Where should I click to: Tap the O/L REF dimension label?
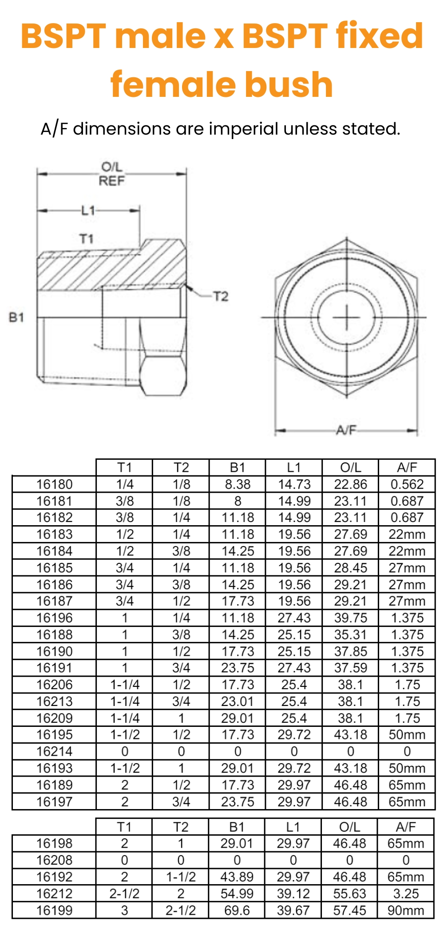111,174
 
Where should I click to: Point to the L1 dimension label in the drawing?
88,210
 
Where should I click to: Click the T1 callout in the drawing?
87,239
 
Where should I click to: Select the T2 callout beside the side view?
221,296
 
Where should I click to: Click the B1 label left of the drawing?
16,317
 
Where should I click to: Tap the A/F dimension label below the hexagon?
346,430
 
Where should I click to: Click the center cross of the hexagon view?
346,318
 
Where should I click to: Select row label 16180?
54,484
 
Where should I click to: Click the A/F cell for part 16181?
407,501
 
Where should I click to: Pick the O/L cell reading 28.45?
350,568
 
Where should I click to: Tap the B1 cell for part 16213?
238,702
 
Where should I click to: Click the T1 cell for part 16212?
124,893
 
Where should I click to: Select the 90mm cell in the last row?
406,910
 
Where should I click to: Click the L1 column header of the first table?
294,467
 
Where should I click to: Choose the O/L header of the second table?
349,827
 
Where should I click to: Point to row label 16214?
54,751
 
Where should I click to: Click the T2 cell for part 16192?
181,877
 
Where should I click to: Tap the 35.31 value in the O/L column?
350,634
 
